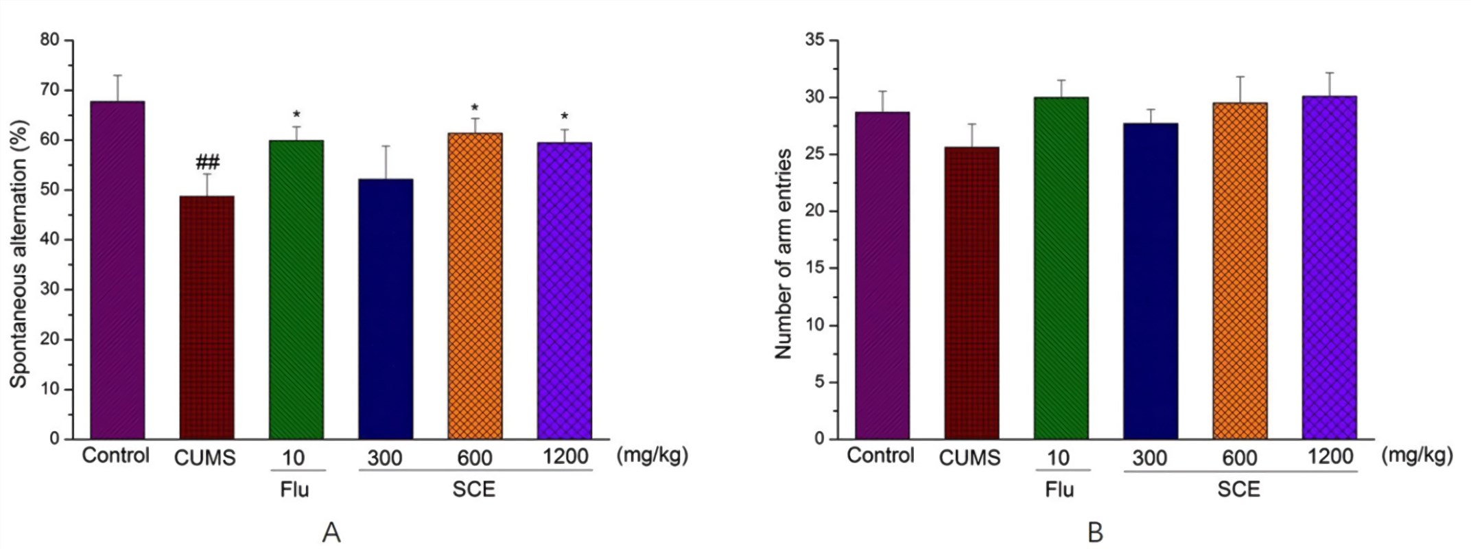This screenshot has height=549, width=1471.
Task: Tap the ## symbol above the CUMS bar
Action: [207, 163]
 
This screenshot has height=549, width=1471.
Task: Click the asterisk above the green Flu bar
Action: [296, 115]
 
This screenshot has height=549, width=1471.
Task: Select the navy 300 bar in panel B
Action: [1151, 281]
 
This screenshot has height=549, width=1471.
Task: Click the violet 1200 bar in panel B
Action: [1329, 267]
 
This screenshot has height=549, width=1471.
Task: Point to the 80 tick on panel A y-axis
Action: [50, 40]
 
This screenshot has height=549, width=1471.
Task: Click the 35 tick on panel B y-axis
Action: [815, 40]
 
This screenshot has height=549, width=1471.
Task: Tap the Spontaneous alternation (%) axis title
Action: [19, 254]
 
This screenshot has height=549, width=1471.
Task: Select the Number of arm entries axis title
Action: [783, 254]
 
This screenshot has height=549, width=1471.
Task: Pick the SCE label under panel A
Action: [473, 490]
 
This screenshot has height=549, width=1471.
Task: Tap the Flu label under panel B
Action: [1060, 490]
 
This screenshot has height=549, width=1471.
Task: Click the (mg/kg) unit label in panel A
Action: [652, 455]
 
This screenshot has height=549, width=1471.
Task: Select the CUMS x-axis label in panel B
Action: [969, 458]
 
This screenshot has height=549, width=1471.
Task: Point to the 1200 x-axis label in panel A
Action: [565, 456]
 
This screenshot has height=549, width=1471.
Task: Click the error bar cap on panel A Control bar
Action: [117, 75]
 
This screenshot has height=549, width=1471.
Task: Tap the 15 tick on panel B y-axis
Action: [815, 268]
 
